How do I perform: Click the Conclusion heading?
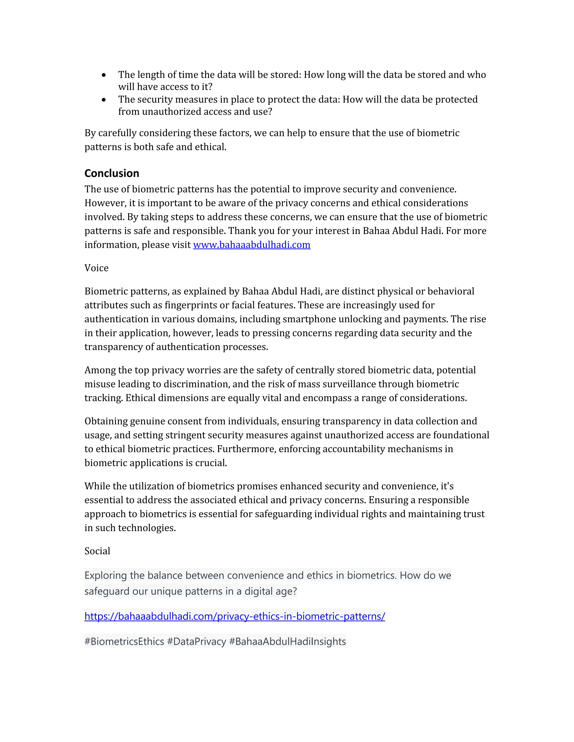[112, 173]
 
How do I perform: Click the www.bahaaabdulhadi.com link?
[252, 245]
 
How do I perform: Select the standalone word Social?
[97, 551]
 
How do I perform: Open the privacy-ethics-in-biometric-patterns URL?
[235, 616]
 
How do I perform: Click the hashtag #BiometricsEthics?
[124, 641]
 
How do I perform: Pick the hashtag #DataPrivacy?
[196, 641]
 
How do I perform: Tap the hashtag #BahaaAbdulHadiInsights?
[287, 641]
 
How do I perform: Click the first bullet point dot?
[104, 75]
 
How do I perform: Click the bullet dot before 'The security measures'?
[104, 100]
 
